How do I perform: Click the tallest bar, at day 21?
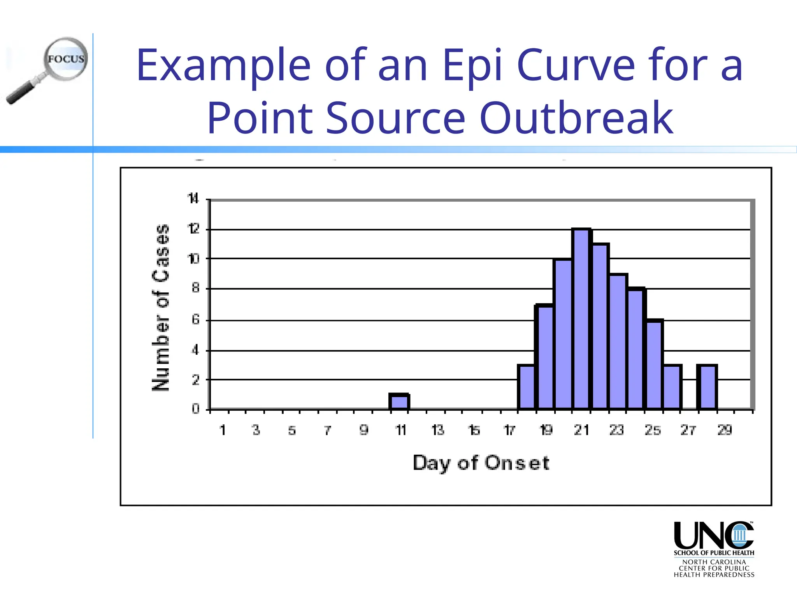[581, 319]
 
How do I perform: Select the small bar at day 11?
[399, 402]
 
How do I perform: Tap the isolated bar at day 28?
[707, 387]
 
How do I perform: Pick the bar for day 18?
[527, 387]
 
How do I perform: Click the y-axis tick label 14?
[193, 199]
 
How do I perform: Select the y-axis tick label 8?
[195, 288]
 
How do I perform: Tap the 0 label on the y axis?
[195, 409]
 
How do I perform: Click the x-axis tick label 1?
[223, 430]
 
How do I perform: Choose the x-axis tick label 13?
[438, 430]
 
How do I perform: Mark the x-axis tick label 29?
[725, 430]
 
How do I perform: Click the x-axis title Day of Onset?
[481, 463]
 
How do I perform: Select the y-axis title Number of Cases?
[161, 308]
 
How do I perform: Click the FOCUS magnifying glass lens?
[66, 59]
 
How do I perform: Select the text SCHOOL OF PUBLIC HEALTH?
[714, 553]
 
